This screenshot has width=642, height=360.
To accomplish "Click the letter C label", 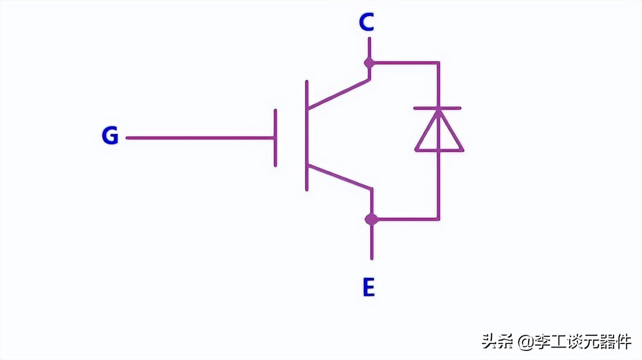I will pos(367,23).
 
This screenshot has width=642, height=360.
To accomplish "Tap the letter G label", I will pos(110,136).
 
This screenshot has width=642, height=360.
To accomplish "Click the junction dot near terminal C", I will pos(369,63).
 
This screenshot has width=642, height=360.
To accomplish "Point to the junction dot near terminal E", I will pos(371,219).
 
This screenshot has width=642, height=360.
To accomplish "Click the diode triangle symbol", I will pos(439,134).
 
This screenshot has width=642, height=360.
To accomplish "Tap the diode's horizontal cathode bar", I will pos(437,108).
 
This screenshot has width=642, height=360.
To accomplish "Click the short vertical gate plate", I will pos(275,137).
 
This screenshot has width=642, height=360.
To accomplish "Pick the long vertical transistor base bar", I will pos(306,135).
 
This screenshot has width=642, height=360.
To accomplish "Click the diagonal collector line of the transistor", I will pos(339,94).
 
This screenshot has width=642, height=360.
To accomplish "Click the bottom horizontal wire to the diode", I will pos(406,219).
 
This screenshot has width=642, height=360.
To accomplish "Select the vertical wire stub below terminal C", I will pos(369,49).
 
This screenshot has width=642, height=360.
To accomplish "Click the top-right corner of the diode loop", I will pos(439,63).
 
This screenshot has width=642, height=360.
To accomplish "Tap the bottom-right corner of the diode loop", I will pos(439,219).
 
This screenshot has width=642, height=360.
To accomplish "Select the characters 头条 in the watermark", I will pos(498,342).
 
